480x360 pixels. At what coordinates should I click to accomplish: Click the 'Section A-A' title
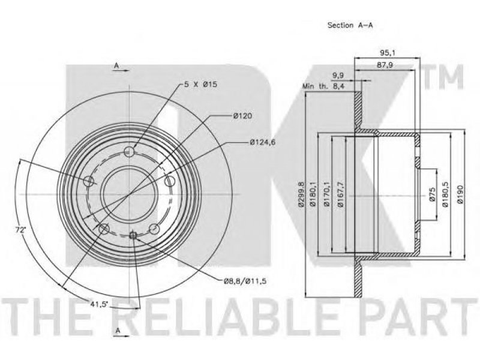point(350,25)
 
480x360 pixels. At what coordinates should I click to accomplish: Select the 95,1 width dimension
point(388,53)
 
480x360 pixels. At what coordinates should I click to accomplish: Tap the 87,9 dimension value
point(385,65)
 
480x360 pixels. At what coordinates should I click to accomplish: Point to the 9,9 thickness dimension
point(338,75)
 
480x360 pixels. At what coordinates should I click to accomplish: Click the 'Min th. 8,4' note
point(323,86)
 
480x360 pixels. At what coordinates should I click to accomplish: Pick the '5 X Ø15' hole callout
point(201,84)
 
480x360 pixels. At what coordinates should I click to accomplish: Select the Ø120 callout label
point(242,116)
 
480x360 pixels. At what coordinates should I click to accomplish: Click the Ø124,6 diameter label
point(263,142)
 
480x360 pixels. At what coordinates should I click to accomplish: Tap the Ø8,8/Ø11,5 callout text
point(245,280)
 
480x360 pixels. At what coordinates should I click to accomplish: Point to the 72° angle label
point(20,230)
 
